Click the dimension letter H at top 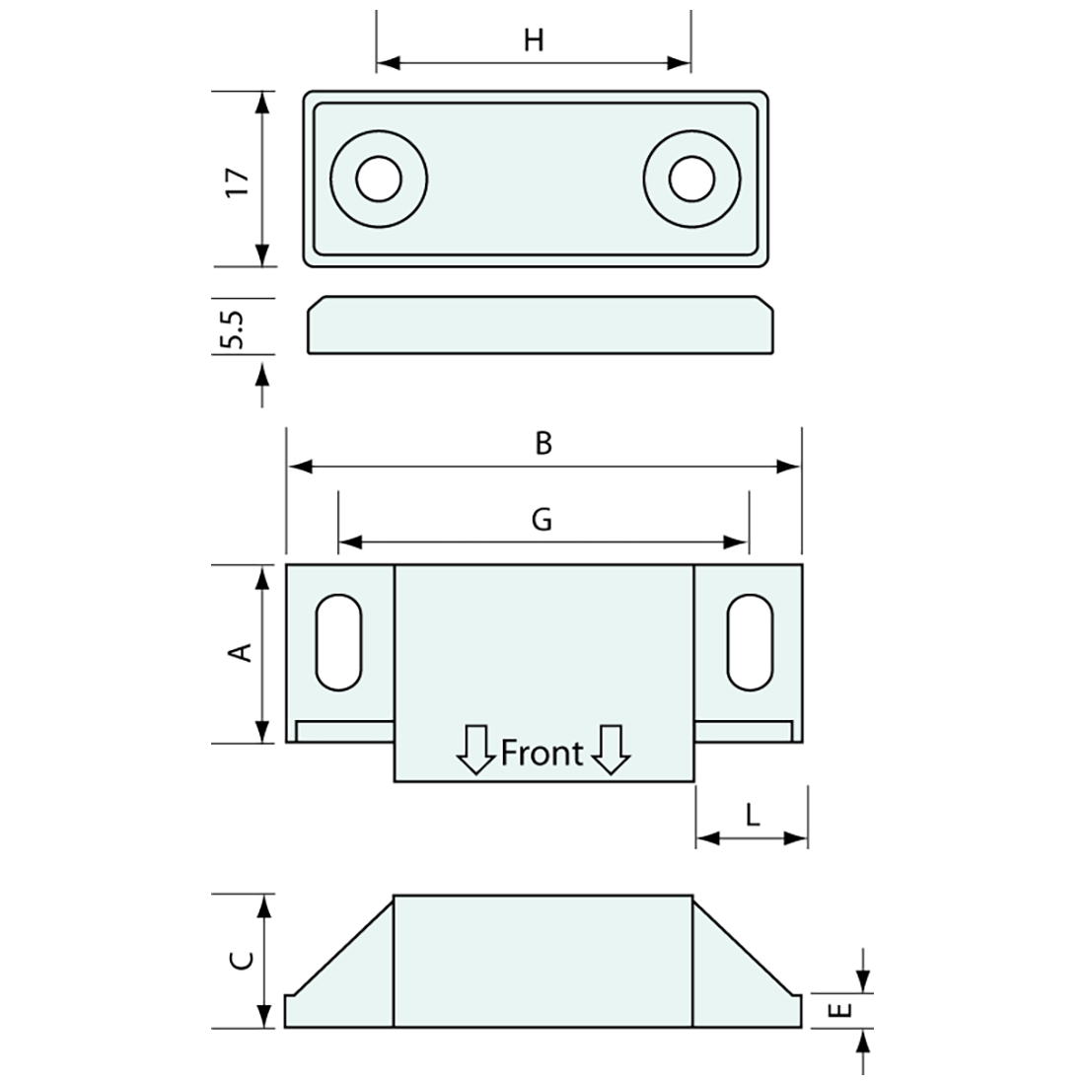click(x=534, y=40)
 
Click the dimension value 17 click(x=238, y=181)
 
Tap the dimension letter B click(x=543, y=444)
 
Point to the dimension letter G click(x=542, y=520)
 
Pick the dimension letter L click(x=752, y=815)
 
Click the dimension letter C click(x=242, y=960)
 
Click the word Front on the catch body click(x=542, y=753)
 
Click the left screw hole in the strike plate click(x=379, y=180)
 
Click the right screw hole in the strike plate click(x=691, y=180)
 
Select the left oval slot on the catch click(x=337, y=642)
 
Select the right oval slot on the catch click(x=750, y=642)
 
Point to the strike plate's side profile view click(x=541, y=325)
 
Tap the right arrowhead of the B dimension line click(x=789, y=467)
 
